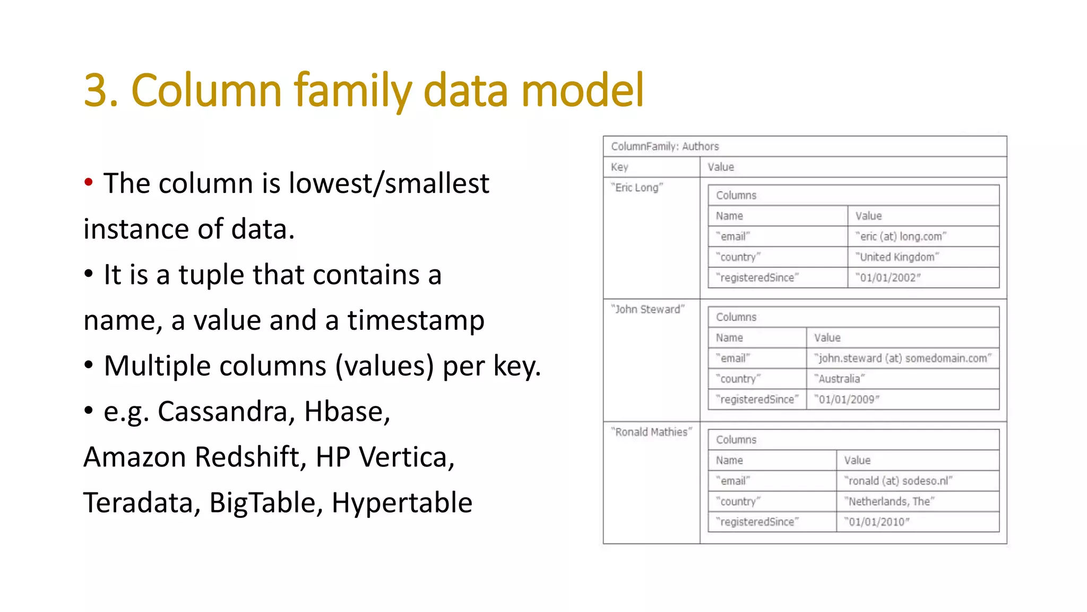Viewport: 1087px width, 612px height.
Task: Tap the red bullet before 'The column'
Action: pos(89,182)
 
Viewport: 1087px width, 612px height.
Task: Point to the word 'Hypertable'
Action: pos(402,503)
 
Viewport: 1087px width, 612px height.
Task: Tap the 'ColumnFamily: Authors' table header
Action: pos(665,146)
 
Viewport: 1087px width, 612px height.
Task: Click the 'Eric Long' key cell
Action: pos(636,188)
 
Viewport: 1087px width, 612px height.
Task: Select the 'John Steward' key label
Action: pos(648,309)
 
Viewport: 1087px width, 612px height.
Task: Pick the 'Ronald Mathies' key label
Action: pos(651,432)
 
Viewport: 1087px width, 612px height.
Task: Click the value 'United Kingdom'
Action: pos(897,257)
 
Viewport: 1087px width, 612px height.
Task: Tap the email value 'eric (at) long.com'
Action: pos(901,236)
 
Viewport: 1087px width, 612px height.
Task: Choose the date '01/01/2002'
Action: pos(888,278)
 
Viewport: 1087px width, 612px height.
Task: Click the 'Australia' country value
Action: pos(839,379)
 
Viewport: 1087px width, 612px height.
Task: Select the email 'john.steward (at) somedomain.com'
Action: pos(902,358)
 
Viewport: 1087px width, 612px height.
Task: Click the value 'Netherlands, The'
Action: pos(889,501)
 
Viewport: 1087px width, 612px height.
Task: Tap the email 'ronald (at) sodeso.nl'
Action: pos(898,481)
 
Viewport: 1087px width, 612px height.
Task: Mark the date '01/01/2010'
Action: pos(877,522)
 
